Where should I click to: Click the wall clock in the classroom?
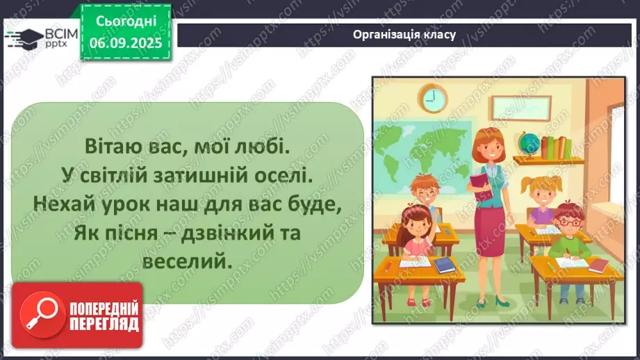433,97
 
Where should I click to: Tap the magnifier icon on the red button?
40,314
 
